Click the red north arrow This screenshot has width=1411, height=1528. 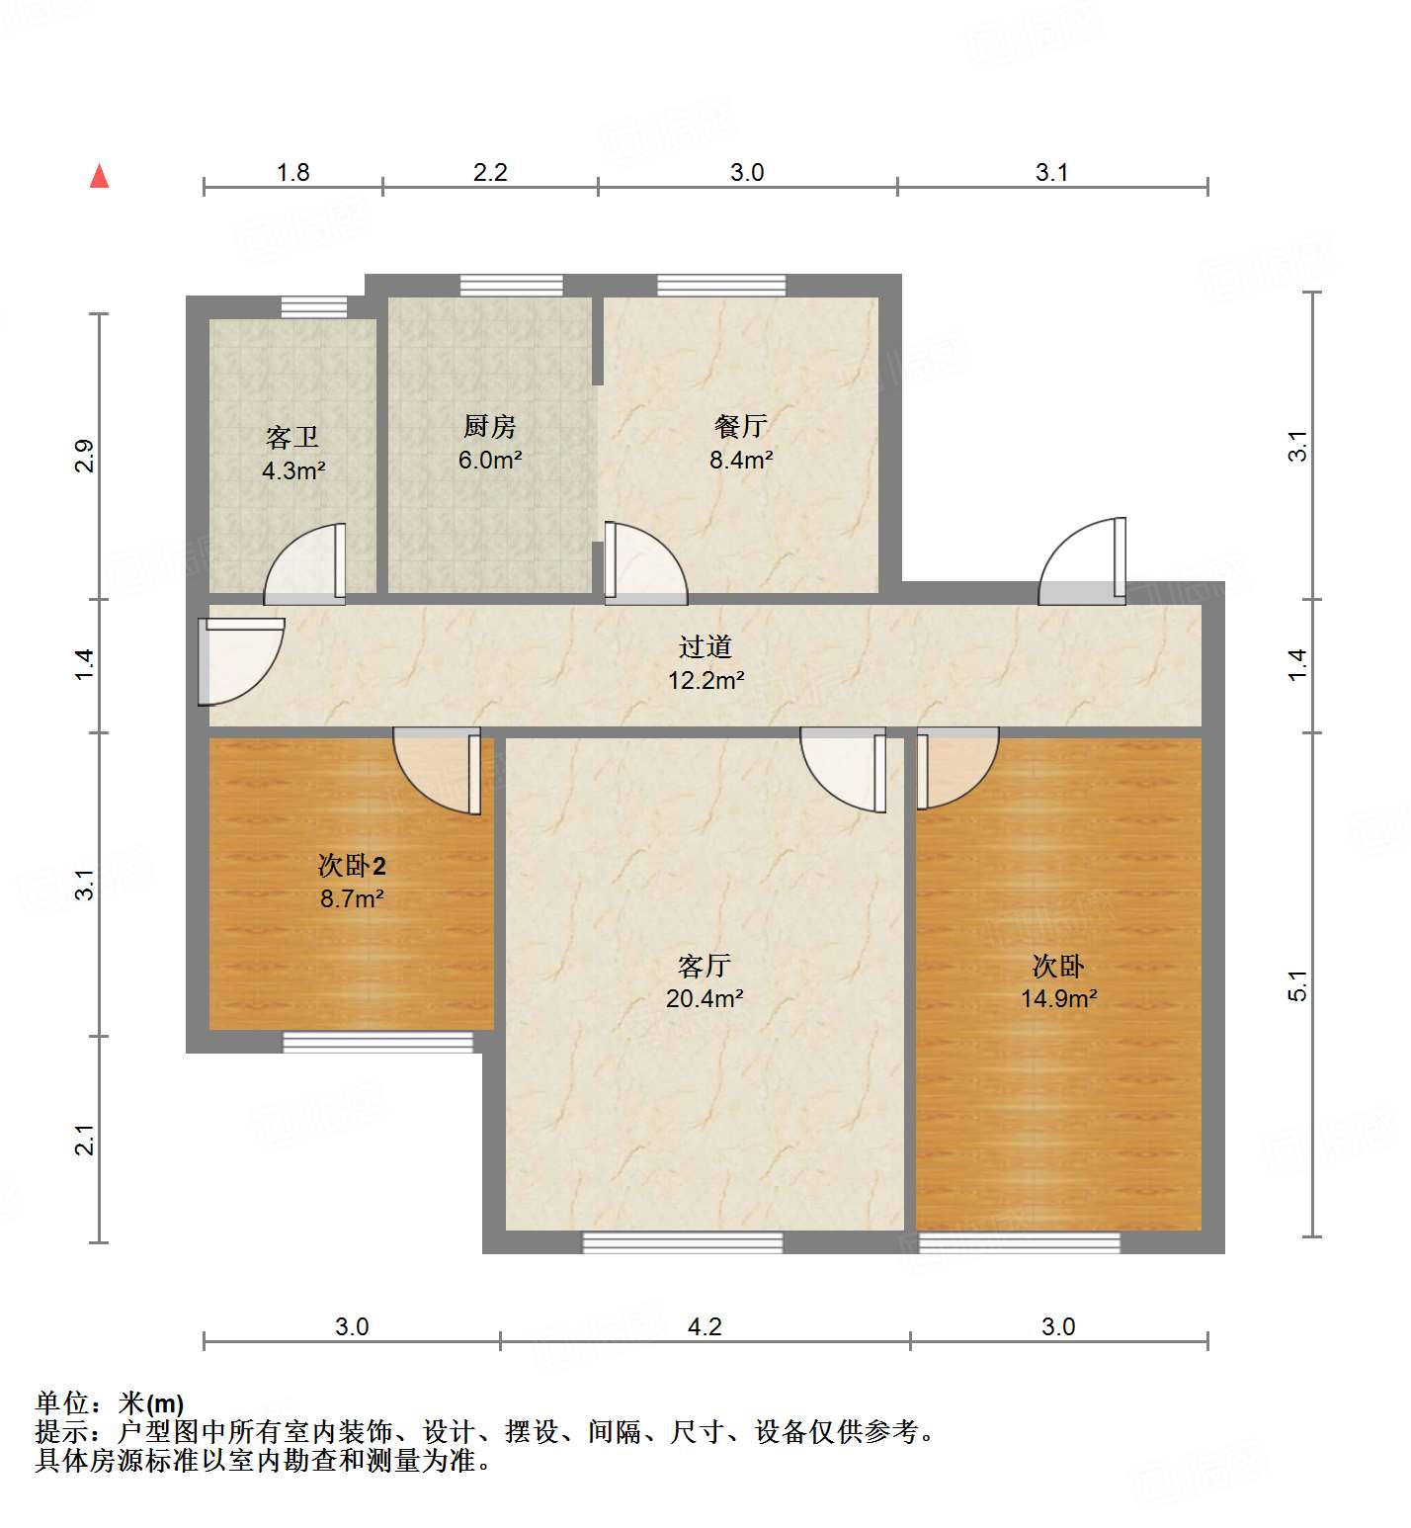(99, 176)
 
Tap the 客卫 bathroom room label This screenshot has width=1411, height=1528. (292, 437)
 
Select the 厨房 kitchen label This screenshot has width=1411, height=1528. (489, 427)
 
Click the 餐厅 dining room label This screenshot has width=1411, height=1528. (740, 427)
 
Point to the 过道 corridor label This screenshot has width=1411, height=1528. (705, 647)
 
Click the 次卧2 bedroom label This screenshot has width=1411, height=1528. (352, 866)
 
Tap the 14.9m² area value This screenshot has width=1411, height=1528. (1058, 999)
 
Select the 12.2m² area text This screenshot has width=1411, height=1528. (705, 681)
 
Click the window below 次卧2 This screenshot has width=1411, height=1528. (378, 1042)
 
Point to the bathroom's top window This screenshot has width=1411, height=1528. (313, 307)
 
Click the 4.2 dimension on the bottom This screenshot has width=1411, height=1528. (705, 1326)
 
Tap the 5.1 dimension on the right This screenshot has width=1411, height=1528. (1296, 985)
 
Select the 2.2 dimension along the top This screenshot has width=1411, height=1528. (489, 173)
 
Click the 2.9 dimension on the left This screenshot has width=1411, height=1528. (86, 456)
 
